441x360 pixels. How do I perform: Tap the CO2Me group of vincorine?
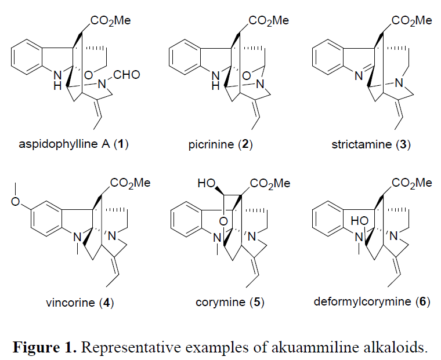[x=128, y=183]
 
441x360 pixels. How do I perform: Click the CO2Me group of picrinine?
[x=268, y=21]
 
